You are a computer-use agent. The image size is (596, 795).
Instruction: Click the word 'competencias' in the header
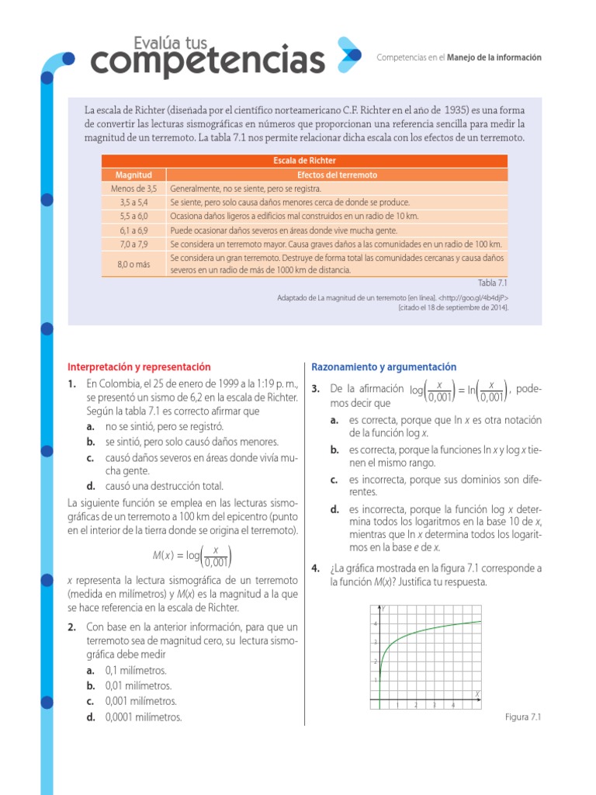[206, 60]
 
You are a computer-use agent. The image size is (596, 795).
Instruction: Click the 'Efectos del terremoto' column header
[337, 175]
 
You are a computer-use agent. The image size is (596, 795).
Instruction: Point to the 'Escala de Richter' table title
[304, 161]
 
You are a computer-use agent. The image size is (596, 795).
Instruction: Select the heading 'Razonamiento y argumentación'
[383, 367]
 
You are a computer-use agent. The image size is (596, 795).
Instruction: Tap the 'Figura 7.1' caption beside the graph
[521, 717]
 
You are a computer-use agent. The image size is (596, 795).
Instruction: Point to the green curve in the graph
[435, 627]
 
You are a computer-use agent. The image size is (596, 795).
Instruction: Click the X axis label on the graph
[476, 692]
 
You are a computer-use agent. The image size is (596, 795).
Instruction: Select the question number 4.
[316, 568]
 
